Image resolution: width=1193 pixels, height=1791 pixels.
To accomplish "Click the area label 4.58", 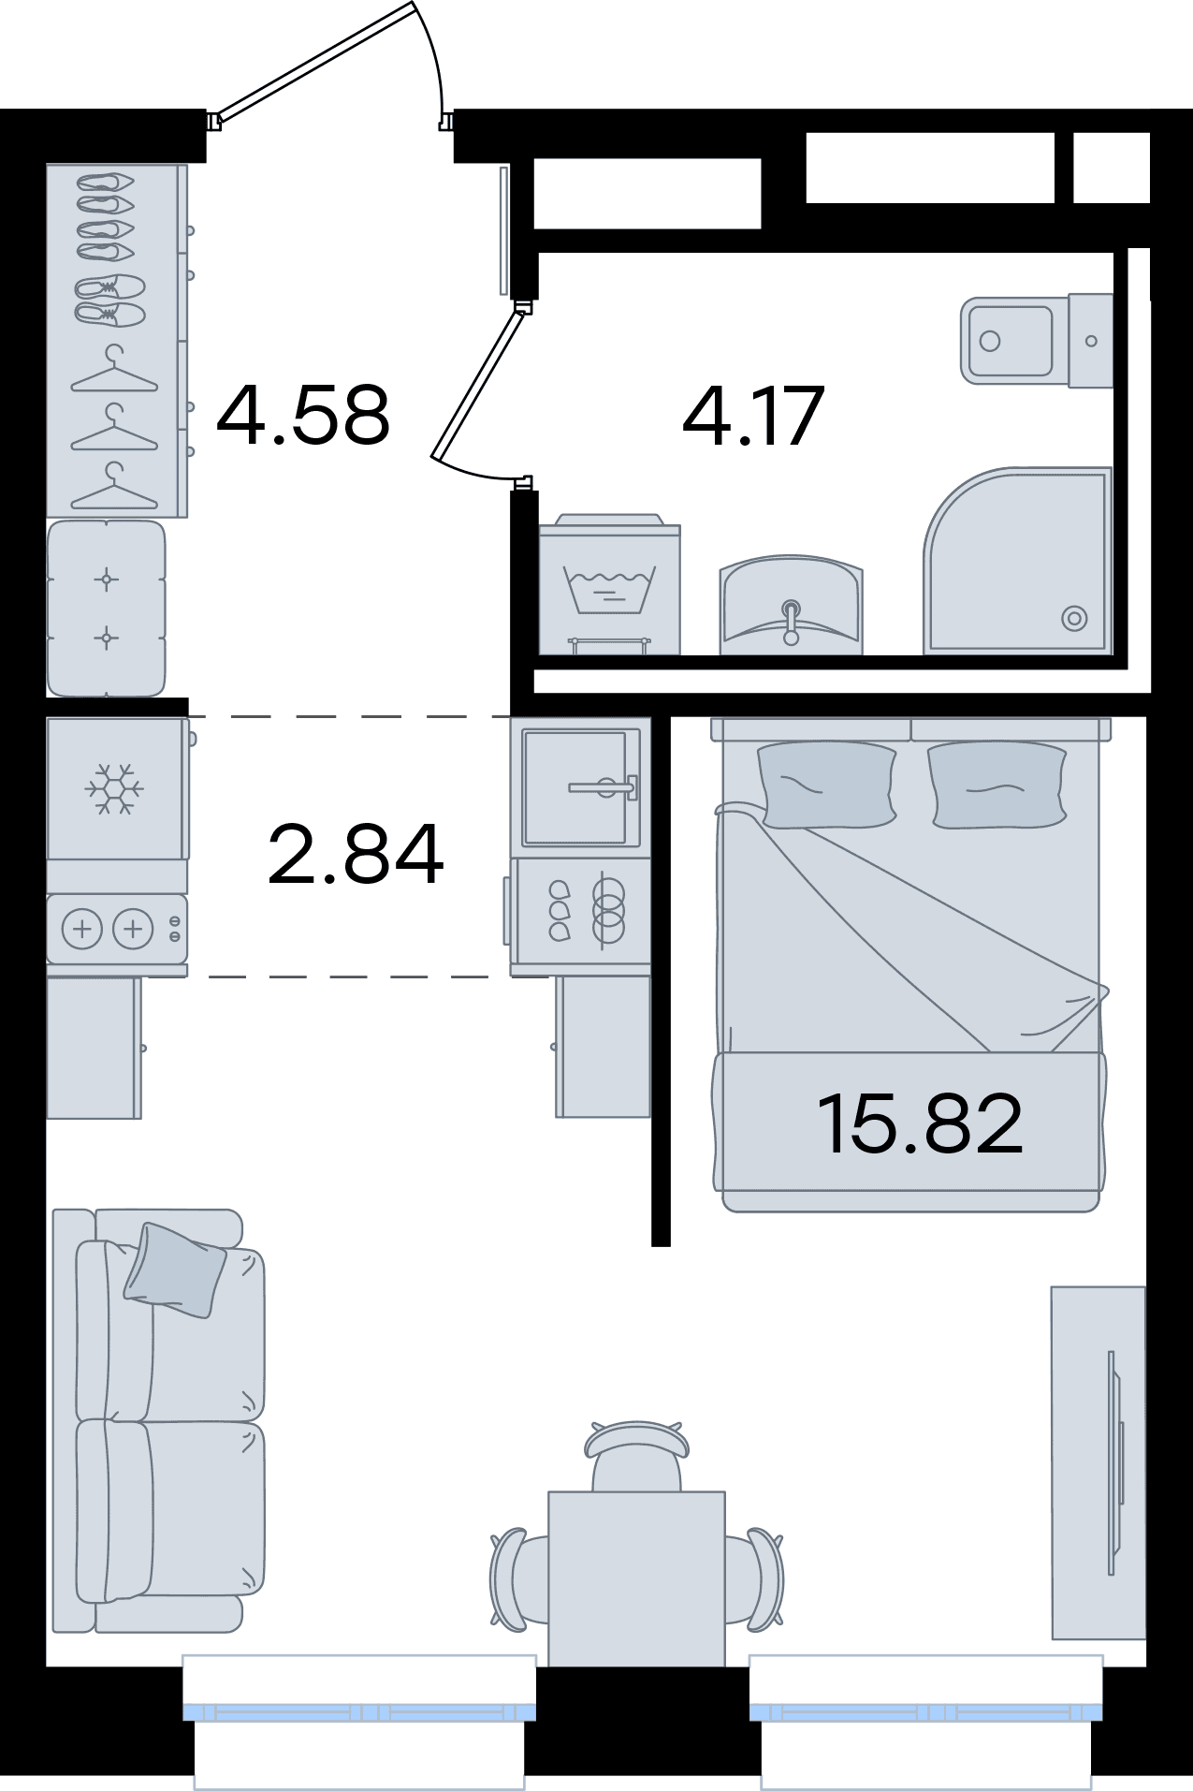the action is point(302,414).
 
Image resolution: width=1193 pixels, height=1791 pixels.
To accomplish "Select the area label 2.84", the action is point(356,853).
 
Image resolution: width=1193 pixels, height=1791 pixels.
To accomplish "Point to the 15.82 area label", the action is point(920,1123).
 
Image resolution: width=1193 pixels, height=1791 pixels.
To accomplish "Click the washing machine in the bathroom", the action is point(609,584).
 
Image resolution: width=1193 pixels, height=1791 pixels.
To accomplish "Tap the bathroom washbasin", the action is point(791,605).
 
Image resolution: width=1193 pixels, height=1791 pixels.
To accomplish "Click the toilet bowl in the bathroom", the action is point(1037,341).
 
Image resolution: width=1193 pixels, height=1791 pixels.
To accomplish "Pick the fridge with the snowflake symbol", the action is point(117,788).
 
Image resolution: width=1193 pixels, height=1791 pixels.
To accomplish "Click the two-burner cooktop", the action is point(117,929).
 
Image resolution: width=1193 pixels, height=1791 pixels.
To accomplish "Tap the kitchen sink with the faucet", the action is point(580,787).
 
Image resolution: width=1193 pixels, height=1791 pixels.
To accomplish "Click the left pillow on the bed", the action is point(827,785).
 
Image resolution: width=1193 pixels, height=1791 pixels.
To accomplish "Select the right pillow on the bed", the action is point(997,785).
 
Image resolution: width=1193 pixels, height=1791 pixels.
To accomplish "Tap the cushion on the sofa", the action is point(175,1270).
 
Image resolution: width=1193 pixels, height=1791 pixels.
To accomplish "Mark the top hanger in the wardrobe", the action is point(114,371).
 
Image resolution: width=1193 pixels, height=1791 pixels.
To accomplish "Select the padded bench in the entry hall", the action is point(107,609).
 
